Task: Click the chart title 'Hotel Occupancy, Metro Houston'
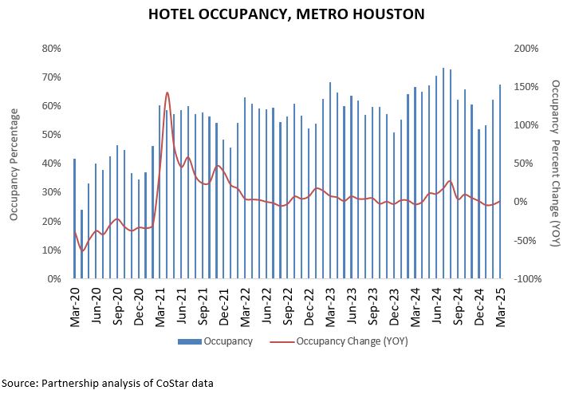click(285, 14)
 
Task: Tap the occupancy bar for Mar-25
click(500, 182)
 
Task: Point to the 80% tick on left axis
click(52, 48)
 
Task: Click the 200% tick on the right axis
click(526, 48)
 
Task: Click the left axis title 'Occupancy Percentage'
click(14, 163)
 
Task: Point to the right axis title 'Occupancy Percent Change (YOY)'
click(555, 163)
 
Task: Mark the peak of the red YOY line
click(167, 93)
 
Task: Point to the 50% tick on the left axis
click(52, 135)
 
